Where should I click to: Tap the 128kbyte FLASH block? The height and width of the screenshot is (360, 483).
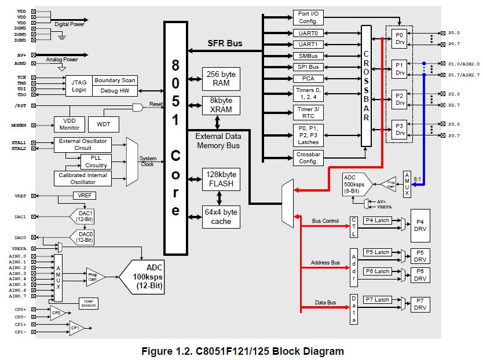pos(221,179)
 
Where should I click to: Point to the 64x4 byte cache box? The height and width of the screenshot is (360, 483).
pos(221,216)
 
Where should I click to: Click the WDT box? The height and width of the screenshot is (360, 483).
pos(104,124)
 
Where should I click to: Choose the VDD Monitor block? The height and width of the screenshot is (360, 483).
pos(69,124)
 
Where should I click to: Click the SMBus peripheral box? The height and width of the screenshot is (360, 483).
pos(308,56)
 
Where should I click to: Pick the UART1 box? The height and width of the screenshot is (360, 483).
pos(308,45)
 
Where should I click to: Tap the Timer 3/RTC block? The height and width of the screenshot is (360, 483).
pos(308,112)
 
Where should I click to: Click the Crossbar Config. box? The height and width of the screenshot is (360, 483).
pos(308,158)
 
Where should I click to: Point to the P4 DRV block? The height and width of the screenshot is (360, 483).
pos(420,224)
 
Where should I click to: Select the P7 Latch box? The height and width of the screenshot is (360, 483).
pos(377,300)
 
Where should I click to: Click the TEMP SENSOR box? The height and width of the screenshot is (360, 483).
pos(89,303)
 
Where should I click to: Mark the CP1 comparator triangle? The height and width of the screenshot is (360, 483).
pos(76,328)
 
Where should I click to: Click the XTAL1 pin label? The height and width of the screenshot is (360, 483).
pos(18,142)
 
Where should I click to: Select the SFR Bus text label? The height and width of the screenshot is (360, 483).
pos(225,43)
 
